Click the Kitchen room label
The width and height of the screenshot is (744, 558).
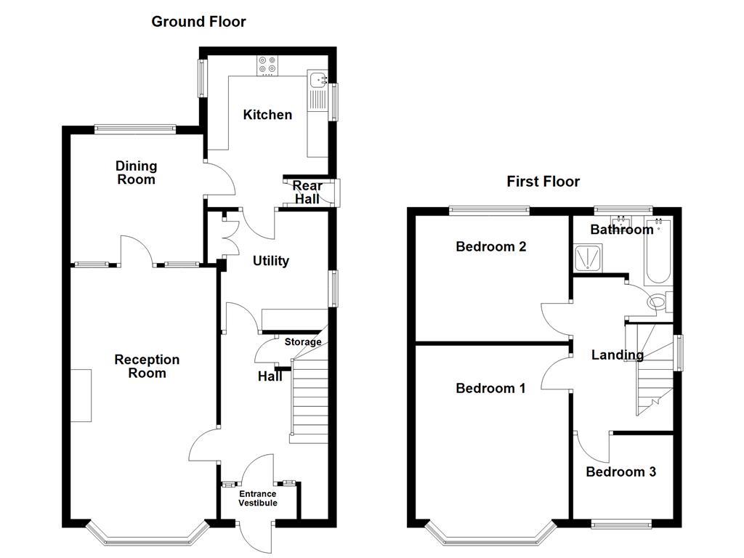click(x=267, y=115)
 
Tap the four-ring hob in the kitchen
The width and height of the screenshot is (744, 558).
click(x=267, y=66)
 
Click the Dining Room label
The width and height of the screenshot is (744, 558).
click(x=136, y=173)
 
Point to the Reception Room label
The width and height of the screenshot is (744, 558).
click(x=147, y=366)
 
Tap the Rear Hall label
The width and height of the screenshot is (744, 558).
click(x=307, y=193)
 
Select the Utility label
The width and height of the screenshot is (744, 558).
click(x=271, y=261)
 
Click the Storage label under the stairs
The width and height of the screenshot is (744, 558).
click(x=302, y=342)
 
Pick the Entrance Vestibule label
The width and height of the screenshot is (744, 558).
click(x=258, y=498)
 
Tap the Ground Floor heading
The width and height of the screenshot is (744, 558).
click(x=198, y=22)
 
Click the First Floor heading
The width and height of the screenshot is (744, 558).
click(x=543, y=182)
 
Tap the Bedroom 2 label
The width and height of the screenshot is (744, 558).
click(x=490, y=246)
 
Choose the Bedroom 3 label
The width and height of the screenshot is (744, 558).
click(x=620, y=472)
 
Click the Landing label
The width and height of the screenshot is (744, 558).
click(x=617, y=355)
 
